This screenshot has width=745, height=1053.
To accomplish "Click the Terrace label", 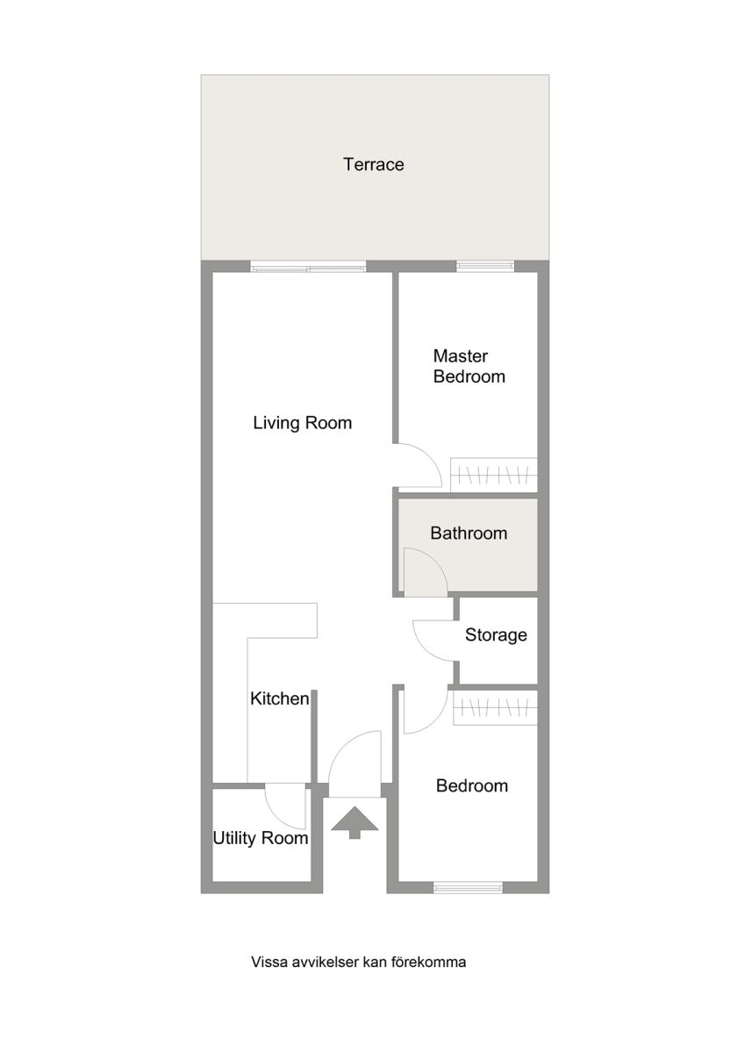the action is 373,164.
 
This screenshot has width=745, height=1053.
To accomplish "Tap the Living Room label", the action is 302,423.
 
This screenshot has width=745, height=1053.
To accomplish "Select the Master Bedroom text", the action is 469,366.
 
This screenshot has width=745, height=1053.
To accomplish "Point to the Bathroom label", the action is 469,534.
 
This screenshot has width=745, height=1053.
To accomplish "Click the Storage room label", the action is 496,635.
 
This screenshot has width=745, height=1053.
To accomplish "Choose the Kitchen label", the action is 280,698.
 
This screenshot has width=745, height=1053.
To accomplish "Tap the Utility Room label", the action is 261,838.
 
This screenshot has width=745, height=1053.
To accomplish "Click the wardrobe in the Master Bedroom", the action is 493,475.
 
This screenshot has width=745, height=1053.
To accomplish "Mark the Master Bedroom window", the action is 485,267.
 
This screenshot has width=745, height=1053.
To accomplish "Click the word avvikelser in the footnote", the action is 325,962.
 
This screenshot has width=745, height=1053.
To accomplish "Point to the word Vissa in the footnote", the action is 269,962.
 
